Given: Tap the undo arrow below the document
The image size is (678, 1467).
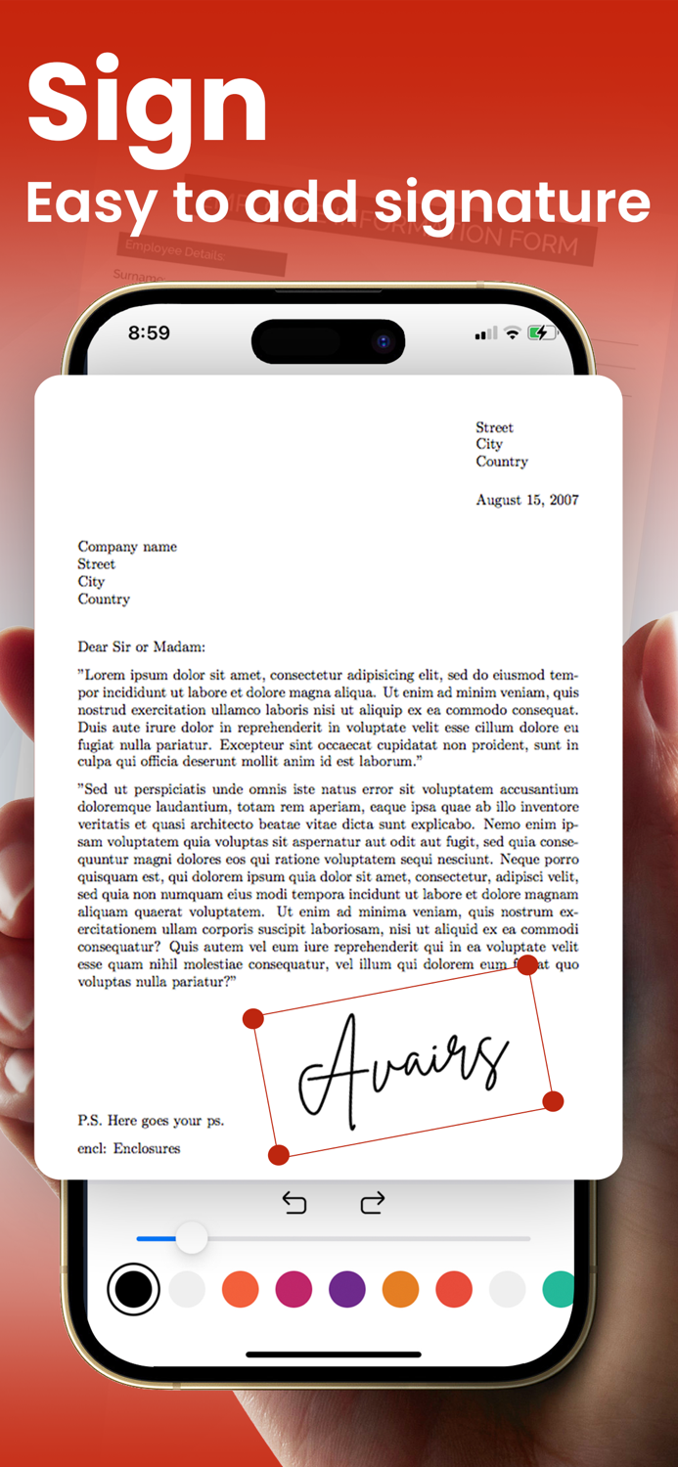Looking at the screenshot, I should point(294,1203).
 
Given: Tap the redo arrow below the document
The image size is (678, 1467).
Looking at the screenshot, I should point(372,1203).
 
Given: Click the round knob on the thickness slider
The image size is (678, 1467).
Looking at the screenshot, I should point(192,1238).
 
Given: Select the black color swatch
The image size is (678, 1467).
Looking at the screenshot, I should point(133,1289).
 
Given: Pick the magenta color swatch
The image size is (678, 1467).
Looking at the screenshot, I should point(294,1289).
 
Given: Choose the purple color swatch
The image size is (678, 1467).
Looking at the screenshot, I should point(347,1289).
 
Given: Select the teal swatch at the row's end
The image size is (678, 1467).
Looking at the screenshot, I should point(558,1289).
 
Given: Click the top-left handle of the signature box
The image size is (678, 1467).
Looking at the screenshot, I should point(252,1018).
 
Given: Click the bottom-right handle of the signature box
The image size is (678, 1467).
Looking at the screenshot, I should point(553,1101).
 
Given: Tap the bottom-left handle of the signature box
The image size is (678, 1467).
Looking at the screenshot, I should point(279,1155).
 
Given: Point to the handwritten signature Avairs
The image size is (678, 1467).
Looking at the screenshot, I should point(401,1066).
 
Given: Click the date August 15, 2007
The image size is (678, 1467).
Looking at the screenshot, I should point(526,500).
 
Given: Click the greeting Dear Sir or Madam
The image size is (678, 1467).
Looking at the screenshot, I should point(142,646).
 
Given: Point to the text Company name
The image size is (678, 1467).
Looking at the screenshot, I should point(127,547).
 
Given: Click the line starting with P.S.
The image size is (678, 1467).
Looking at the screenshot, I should point(151,1121).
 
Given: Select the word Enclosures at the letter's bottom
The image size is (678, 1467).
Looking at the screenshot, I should point(147,1148).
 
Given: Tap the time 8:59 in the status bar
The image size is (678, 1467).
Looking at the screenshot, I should point(149,333).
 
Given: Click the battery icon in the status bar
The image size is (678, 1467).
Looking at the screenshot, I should point(539,333).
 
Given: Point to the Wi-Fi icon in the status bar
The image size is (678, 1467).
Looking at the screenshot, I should point(512,333).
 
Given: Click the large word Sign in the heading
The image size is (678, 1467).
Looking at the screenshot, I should point(147,103).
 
